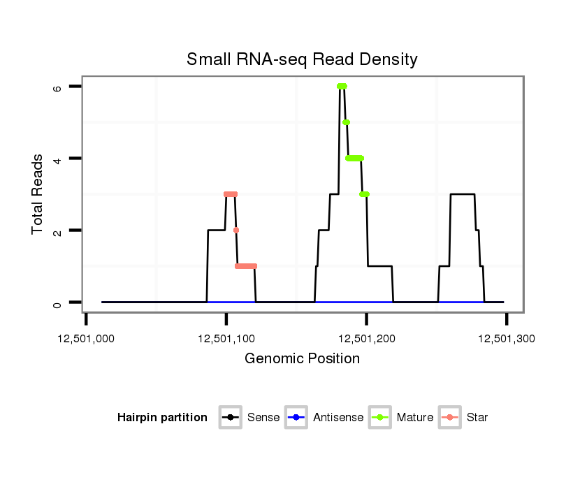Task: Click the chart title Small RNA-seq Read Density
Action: point(302,59)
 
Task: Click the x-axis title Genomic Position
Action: point(302,359)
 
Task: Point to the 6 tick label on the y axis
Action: point(57,87)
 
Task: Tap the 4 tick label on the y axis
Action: point(57,159)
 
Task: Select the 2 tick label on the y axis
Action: point(57,231)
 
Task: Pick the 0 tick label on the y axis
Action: point(57,302)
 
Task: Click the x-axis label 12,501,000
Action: point(87,339)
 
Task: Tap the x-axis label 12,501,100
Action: point(226,339)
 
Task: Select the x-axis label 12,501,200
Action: point(366,339)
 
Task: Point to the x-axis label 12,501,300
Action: point(506,339)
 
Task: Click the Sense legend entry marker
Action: point(230,418)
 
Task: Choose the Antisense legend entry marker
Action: point(296,418)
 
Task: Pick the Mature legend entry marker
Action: point(379,418)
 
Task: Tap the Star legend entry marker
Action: point(449,418)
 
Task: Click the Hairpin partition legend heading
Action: point(162,418)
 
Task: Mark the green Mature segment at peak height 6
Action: point(342,87)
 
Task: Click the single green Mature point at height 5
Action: point(346,122)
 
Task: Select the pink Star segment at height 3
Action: point(231,194)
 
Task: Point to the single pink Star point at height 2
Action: point(236,230)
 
